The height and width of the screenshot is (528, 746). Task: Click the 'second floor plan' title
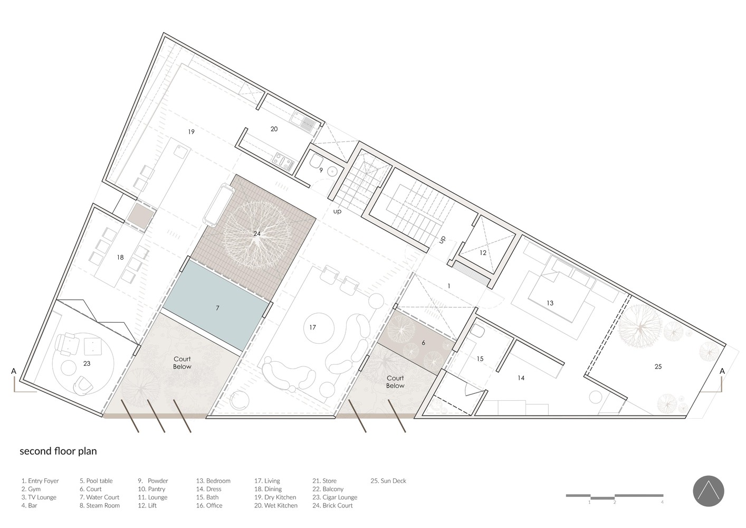tap(58, 451)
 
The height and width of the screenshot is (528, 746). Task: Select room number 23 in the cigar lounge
tap(87, 364)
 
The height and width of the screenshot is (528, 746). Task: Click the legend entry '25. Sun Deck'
tap(388, 481)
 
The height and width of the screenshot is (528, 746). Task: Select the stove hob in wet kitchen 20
tap(283, 162)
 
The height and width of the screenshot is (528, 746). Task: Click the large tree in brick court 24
tap(257, 234)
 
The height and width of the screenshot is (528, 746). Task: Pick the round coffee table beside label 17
tap(319, 328)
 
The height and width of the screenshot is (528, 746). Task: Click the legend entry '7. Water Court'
tap(99, 497)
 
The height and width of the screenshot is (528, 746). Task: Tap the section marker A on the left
tap(14, 371)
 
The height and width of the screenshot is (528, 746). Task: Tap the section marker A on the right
tap(722, 371)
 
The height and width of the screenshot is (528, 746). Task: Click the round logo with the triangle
tap(709, 492)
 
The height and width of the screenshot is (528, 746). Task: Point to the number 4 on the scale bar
tap(662, 502)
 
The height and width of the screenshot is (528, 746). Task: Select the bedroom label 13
tap(550, 303)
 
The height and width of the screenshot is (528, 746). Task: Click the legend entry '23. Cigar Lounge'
tap(334, 497)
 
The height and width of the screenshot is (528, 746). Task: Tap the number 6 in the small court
tap(423, 343)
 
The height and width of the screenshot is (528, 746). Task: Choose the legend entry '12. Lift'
tap(147, 506)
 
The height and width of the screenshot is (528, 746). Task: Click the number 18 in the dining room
tap(120, 257)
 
